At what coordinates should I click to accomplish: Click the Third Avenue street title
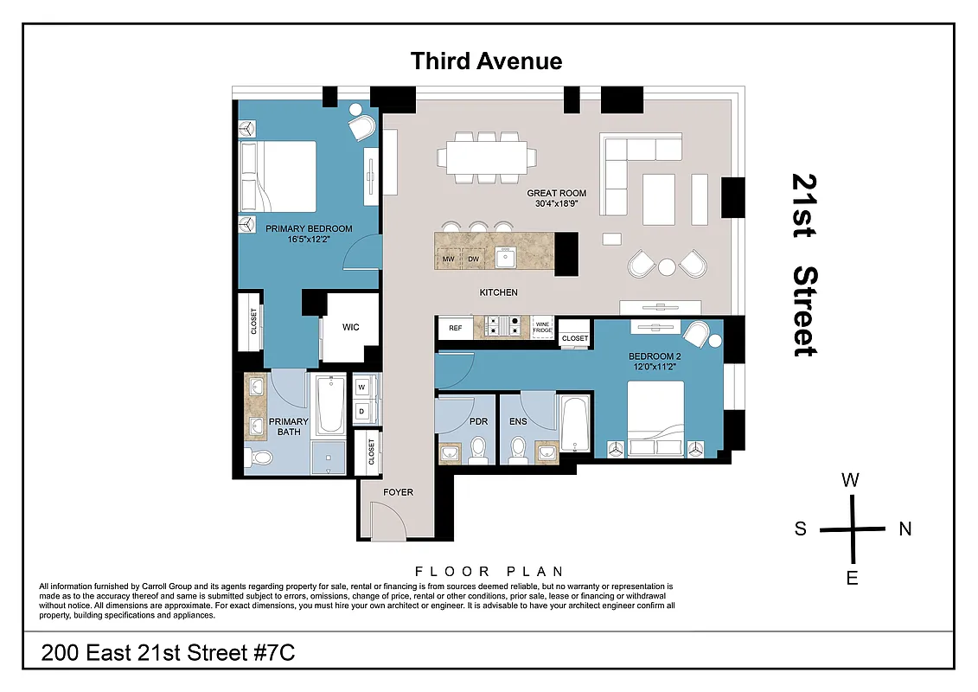point(486,61)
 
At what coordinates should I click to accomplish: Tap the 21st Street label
point(804,265)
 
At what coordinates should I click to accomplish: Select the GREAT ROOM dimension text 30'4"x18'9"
point(557,205)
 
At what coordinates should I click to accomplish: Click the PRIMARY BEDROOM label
point(309,229)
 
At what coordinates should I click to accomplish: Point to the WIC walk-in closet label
point(350,327)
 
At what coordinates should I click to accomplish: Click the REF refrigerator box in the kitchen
point(455,329)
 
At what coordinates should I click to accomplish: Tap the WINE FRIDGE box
point(542,327)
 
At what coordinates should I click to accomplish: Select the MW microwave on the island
point(449,259)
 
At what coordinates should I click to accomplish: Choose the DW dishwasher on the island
point(473,259)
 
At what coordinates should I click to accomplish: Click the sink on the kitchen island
point(506,259)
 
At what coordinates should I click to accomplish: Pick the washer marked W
point(361,387)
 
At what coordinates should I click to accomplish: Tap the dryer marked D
point(361,411)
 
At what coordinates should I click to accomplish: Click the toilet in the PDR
point(477,449)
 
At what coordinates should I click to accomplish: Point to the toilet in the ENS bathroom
point(518,449)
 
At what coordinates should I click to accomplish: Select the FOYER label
point(399,492)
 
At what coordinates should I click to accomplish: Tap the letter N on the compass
point(905,529)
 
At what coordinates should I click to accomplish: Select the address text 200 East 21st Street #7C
point(169,652)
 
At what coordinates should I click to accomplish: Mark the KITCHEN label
point(499,292)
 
